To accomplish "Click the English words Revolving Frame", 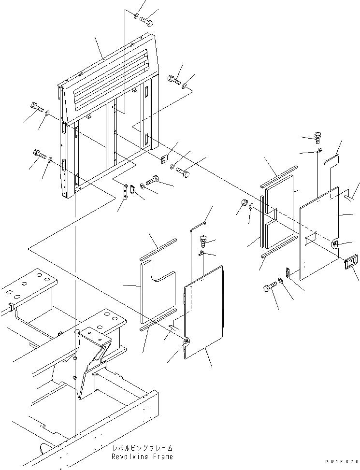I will [x=142, y=456].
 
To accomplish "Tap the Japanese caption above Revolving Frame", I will [x=142, y=448].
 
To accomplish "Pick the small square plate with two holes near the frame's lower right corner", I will [x=164, y=158].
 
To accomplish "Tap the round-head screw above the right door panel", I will [x=318, y=138].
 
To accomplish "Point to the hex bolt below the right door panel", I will [x=269, y=288].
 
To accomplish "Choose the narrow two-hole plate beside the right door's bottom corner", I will [x=287, y=273].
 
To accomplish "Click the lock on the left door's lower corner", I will [x=187, y=342].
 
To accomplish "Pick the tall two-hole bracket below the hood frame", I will [x=127, y=191].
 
